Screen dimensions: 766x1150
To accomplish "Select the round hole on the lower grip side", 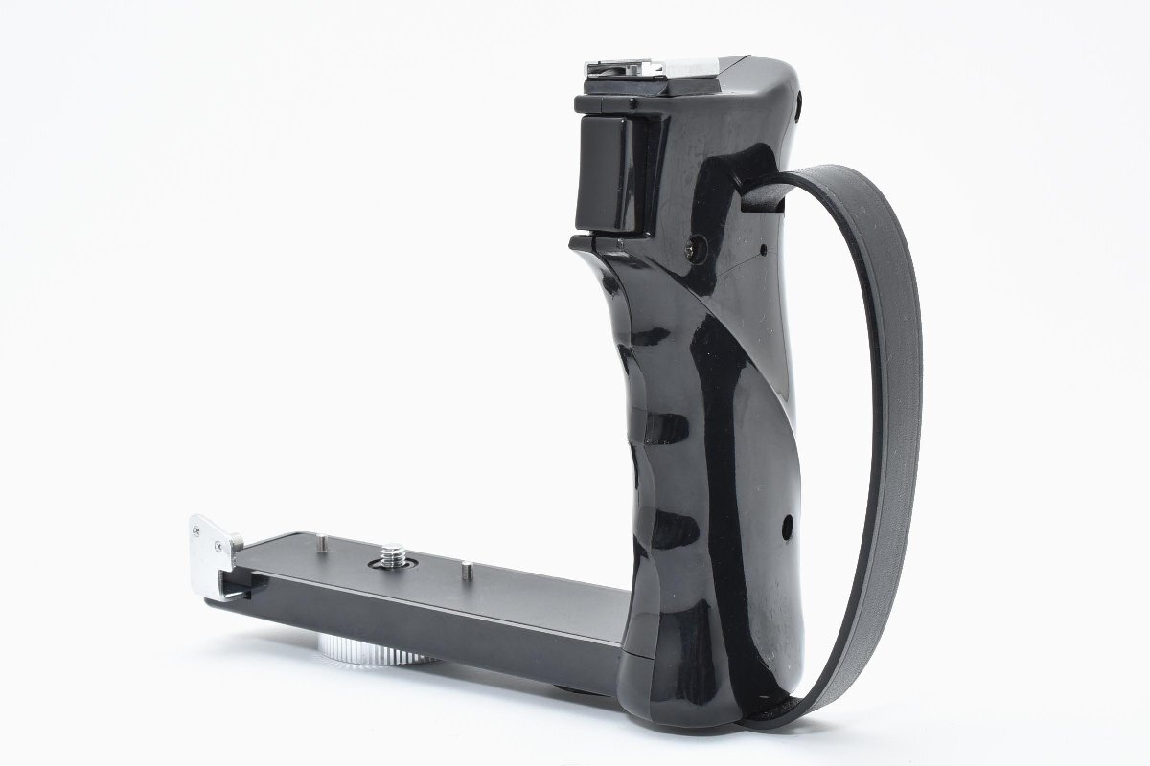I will [788, 526].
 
